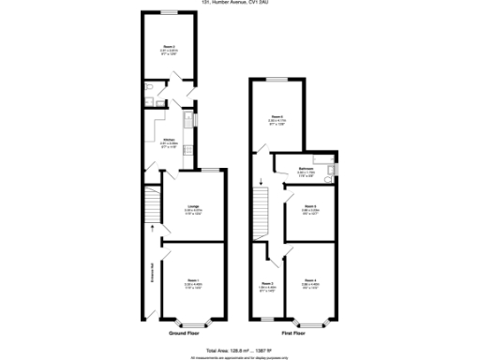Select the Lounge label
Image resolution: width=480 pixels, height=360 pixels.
(192, 206)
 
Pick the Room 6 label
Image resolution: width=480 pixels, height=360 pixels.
(277, 117)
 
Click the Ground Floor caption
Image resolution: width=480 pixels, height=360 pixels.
(182, 333)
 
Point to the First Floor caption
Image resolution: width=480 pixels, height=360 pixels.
(293, 333)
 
